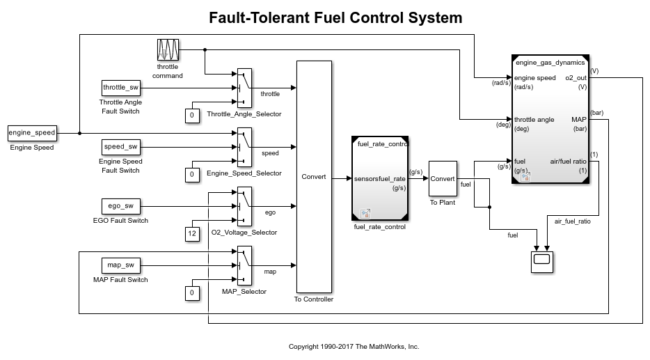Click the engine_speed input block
(x=31, y=132)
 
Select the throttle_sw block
(x=121, y=87)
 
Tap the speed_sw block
(x=121, y=146)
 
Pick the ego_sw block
(x=121, y=205)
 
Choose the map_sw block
(x=121, y=265)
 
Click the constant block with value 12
(x=192, y=234)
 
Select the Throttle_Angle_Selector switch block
(x=244, y=87)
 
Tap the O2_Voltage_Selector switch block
(x=244, y=205)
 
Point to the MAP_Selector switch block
(x=244, y=265)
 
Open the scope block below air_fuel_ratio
(x=541, y=262)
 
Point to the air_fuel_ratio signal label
(x=572, y=221)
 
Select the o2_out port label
(x=576, y=78)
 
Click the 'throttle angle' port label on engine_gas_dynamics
(x=534, y=120)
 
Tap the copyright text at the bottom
(x=354, y=346)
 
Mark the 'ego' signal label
(x=270, y=212)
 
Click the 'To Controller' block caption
(x=313, y=299)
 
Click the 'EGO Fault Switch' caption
(x=120, y=221)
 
